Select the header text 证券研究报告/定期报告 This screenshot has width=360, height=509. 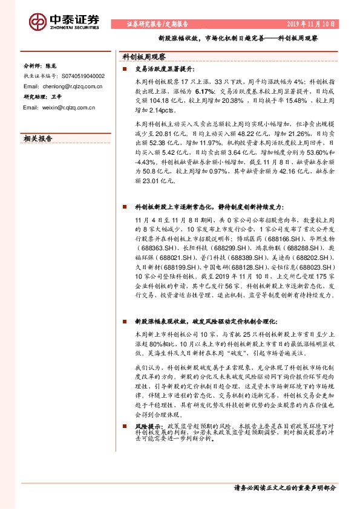157,25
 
